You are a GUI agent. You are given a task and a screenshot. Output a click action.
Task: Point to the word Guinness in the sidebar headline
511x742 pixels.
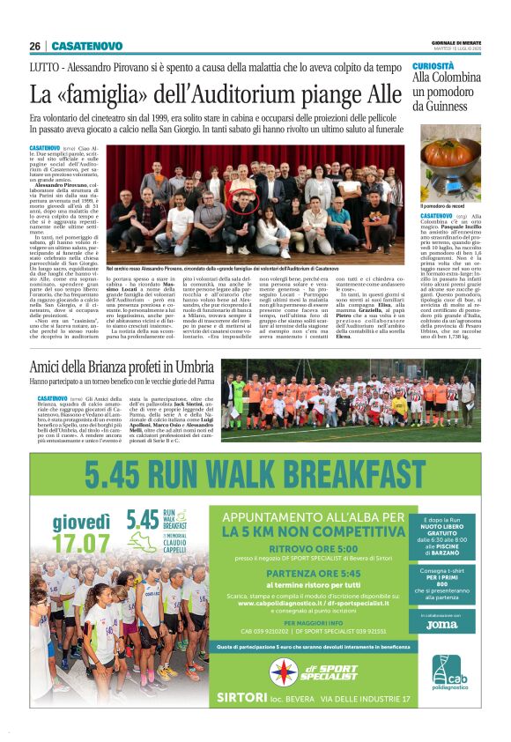[x=449, y=106]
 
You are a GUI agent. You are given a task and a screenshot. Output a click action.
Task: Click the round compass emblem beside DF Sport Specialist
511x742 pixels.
[x=284, y=671]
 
